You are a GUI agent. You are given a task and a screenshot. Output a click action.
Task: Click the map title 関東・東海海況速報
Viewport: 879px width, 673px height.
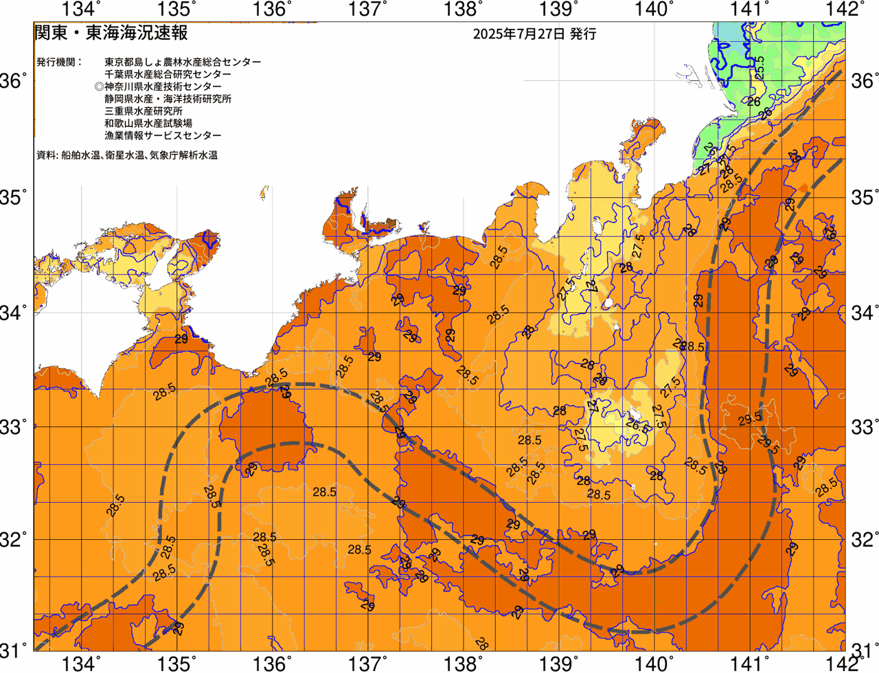(111, 33)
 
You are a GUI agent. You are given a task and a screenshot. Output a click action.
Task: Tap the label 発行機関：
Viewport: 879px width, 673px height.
(59, 62)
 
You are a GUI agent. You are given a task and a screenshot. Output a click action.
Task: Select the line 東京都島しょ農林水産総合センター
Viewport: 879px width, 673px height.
(183, 62)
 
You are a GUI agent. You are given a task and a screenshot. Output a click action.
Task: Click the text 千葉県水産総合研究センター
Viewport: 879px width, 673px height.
(168, 74)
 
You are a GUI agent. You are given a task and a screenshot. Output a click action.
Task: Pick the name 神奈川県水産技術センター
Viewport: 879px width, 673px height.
(163, 87)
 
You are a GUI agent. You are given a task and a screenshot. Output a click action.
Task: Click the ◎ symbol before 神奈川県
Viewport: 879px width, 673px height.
(100, 87)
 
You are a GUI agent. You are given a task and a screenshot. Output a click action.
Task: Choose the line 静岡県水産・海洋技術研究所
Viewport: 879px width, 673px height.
(168, 99)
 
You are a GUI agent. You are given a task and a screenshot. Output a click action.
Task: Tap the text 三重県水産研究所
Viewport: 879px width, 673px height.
(144, 111)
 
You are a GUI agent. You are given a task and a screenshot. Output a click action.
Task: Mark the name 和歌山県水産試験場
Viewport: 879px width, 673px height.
(148, 124)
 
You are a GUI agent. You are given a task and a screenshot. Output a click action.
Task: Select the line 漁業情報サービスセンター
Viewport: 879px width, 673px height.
(163, 136)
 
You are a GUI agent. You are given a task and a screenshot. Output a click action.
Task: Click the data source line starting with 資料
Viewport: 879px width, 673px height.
(127, 156)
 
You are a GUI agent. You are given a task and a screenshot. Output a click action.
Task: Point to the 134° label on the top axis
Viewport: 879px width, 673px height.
(82, 9)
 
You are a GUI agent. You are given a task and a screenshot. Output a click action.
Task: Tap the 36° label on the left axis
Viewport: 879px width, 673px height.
(16, 81)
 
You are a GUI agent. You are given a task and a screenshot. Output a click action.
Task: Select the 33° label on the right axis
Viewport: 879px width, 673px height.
(864, 427)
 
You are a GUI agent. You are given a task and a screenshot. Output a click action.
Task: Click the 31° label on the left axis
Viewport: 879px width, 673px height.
(16, 650)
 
